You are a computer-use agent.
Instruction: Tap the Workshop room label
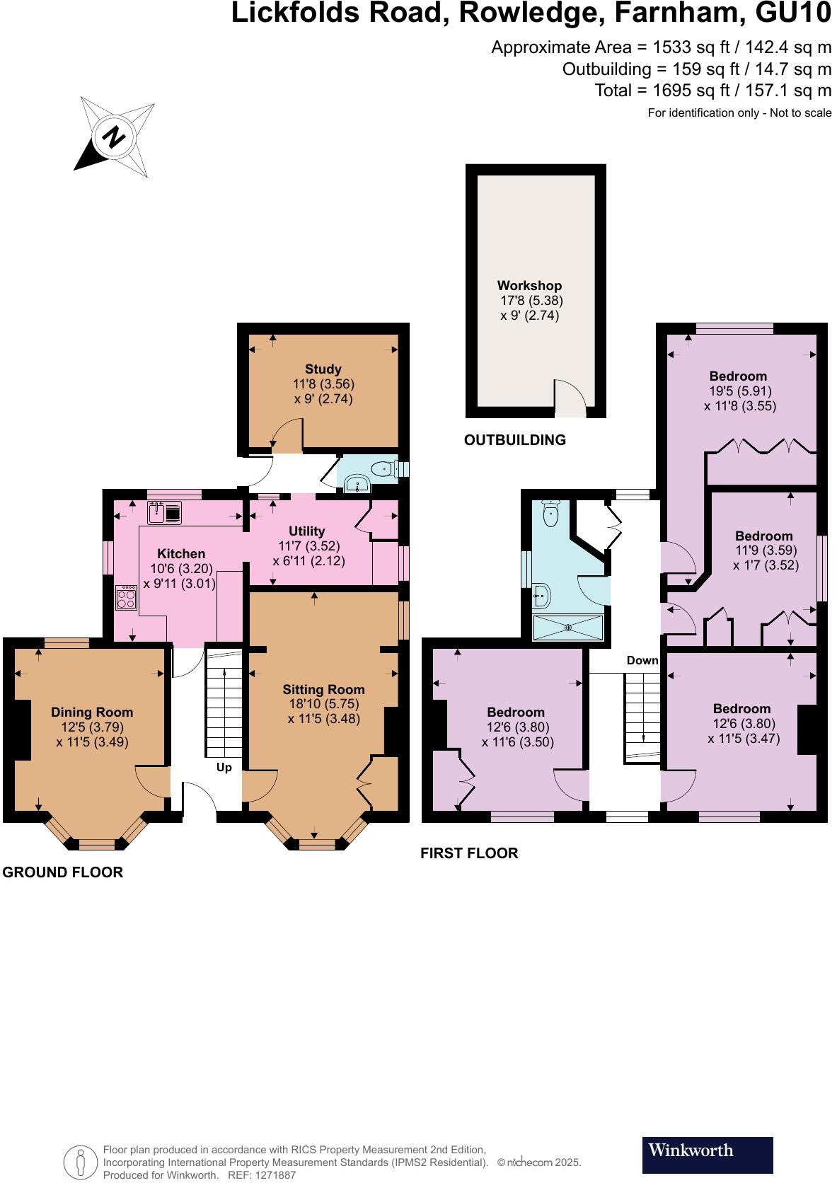[x=529, y=286]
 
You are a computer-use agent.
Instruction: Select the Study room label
[x=323, y=369]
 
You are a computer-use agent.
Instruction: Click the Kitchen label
[x=181, y=553]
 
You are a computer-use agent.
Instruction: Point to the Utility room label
[x=306, y=531]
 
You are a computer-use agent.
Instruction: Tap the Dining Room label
[x=92, y=712]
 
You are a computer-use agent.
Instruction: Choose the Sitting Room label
[x=323, y=689]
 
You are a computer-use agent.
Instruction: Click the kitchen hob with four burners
[x=127, y=598]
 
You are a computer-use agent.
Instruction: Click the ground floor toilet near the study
[x=384, y=468]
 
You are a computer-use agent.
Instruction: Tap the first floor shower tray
[x=567, y=627]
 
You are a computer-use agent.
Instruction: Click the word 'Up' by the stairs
[x=224, y=767]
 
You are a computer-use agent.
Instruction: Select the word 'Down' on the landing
[x=642, y=660]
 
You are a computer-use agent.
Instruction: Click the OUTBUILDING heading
[x=514, y=440]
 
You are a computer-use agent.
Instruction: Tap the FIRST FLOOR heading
[x=469, y=853]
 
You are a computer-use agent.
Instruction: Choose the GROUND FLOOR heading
[x=63, y=872]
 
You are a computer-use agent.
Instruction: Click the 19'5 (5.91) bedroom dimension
[x=739, y=391]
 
